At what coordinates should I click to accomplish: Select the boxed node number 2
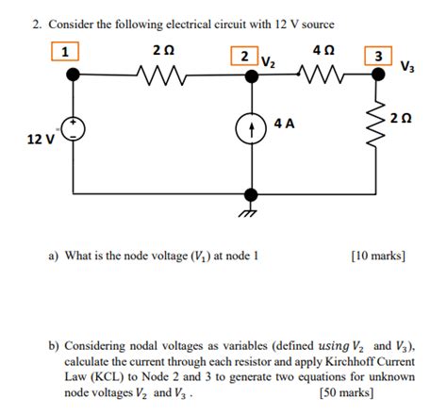(245, 56)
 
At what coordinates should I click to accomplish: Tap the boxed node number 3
(378, 56)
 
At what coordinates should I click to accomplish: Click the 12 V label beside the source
(41, 140)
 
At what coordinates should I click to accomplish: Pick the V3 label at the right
(406, 68)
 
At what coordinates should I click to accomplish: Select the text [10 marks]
(375, 255)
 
